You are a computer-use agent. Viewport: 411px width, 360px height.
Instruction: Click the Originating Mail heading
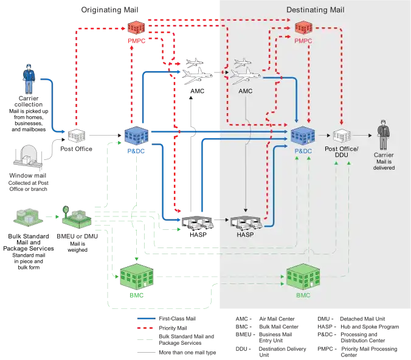(x=109, y=10)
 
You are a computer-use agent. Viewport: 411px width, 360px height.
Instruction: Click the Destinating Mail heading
(x=315, y=10)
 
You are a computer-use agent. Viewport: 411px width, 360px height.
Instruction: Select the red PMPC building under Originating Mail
(x=136, y=28)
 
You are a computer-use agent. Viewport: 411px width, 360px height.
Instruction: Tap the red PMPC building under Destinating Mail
(x=303, y=28)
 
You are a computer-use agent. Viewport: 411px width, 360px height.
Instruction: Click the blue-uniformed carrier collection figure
(x=29, y=79)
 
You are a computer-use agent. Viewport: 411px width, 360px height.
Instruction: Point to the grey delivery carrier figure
(x=384, y=135)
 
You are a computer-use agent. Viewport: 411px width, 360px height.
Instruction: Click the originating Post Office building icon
(x=77, y=136)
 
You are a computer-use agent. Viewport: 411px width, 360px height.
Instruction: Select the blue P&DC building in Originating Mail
(x=136, y=136)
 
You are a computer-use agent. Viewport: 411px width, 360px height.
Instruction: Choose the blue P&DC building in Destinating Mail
(x=303, y=136)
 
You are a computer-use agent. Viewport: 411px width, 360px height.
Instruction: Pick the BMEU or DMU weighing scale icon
(x=76, y=217)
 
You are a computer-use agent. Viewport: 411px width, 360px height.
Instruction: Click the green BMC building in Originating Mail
(x=137, y=277)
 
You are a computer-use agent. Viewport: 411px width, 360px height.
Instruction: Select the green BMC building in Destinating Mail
(x=303, y=277)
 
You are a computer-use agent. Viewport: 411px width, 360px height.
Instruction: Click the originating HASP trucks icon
(x=198, y=223)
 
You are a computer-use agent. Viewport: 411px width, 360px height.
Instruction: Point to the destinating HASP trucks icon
(x=246, y=223)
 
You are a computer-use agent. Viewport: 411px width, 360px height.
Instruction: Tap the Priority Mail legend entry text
(x=173, y=328)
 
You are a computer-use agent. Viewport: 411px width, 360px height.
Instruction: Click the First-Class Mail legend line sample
(x=147, y=319)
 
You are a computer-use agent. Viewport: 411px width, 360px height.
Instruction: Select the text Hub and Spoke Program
(x=370, y=327)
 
